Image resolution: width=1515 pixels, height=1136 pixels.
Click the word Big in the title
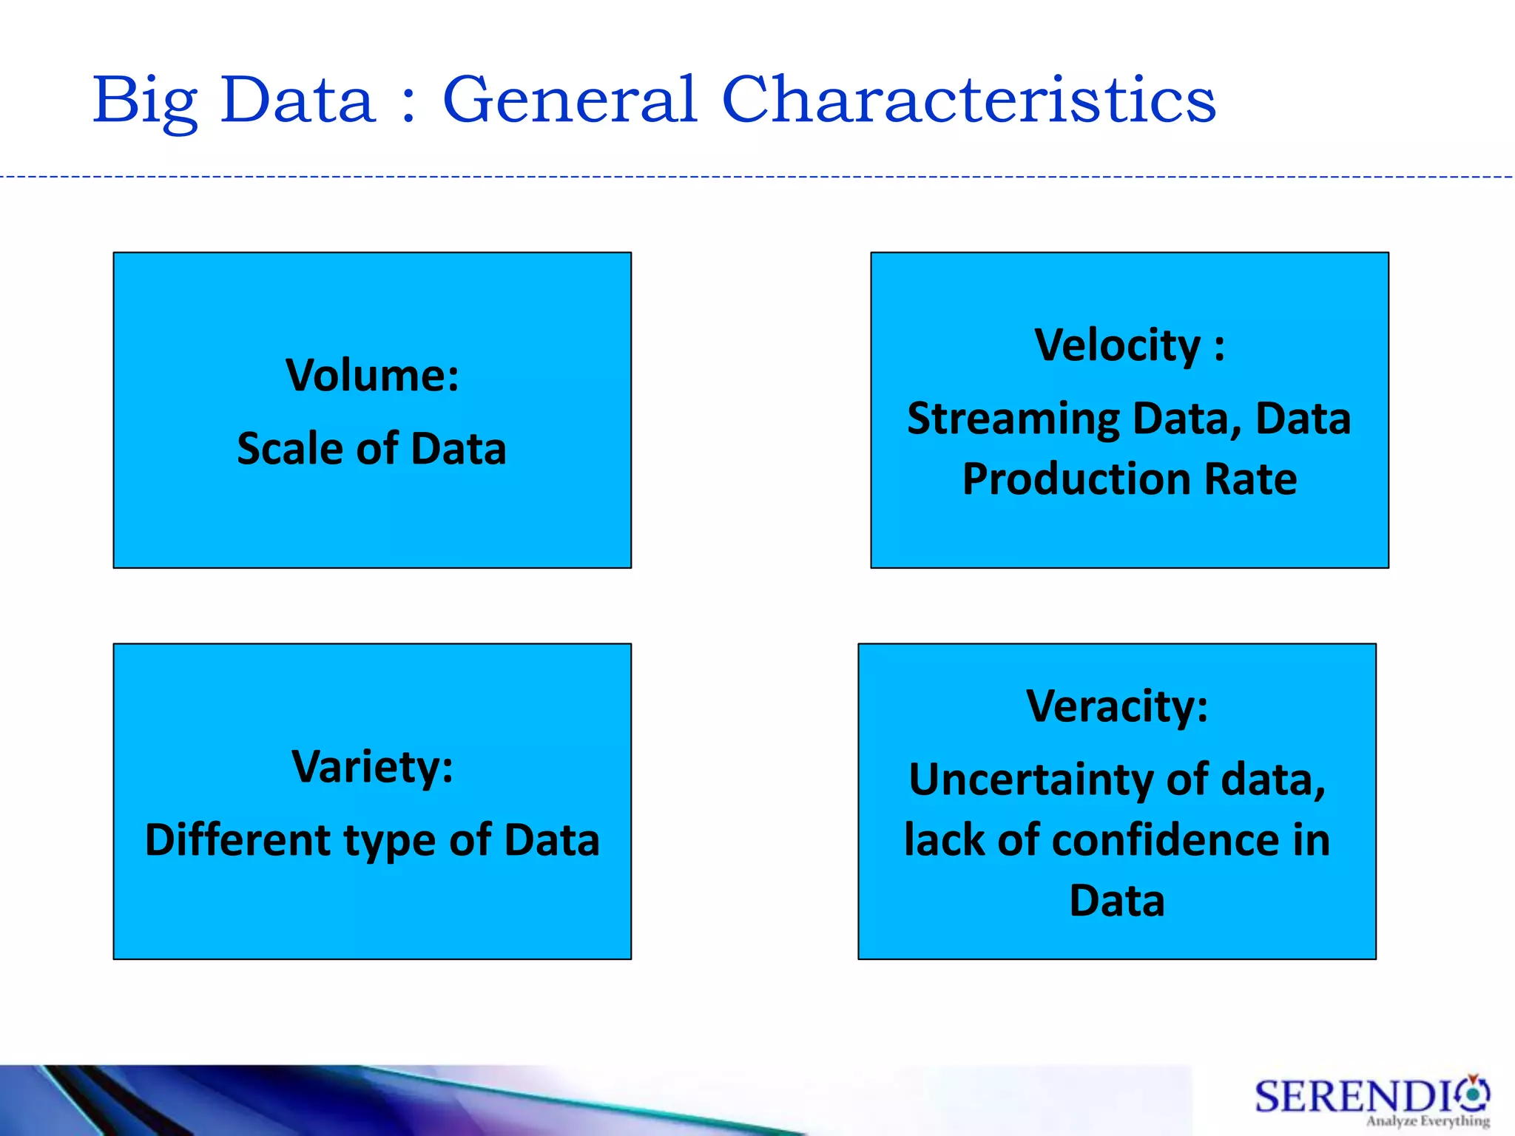click(145, 102)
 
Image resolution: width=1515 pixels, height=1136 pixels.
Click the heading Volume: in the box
click(372, 375)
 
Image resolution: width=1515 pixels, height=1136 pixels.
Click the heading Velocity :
click(1129, 345)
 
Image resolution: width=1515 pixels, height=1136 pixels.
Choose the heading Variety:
click(372, 767)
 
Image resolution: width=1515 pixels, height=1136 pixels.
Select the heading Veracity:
click(1117, 706)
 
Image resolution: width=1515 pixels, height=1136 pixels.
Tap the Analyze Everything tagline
click(1427, 1121)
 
